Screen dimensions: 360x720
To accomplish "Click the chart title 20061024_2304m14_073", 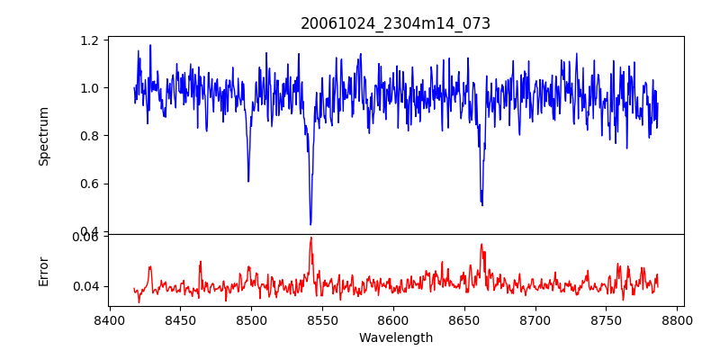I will coord(395,23).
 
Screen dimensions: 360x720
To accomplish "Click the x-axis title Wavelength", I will coord(395,338).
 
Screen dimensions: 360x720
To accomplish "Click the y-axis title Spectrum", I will coord(44,136).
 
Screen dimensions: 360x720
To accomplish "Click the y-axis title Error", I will coord(44,270).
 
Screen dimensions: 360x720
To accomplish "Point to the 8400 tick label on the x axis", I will coord(109,320).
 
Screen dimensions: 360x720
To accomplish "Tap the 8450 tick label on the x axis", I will coord(180,320).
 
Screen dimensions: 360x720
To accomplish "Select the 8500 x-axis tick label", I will coord(251,320).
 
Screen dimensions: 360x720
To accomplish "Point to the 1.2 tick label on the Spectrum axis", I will coord(89,40).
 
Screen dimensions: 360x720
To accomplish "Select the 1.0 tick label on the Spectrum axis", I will coord(89,88).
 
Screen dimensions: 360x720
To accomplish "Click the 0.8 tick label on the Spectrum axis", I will coord(89,136).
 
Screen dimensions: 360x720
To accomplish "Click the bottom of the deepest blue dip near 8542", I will coord(310,224).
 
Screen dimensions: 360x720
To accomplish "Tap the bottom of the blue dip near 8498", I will coord(248,181).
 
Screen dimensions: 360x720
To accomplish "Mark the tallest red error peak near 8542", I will coord(310,238).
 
